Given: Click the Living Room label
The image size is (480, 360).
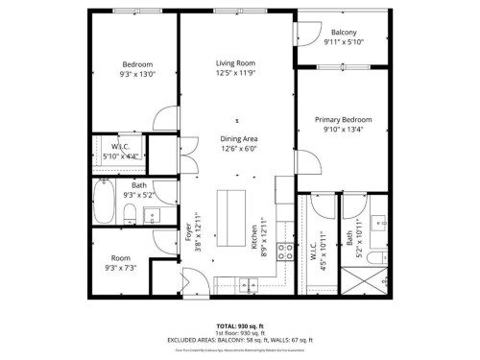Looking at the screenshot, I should pos(234,64).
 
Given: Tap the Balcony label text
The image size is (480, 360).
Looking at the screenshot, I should pos(344,33).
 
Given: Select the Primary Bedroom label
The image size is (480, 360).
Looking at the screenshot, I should pos(344,119).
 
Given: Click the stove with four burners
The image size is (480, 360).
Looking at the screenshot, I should pos(285,253).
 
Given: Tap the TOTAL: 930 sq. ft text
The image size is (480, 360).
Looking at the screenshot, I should pos(239,326).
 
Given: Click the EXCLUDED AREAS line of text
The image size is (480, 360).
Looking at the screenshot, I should pos(239,341).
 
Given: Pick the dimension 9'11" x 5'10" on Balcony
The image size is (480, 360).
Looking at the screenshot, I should pos(344,42).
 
